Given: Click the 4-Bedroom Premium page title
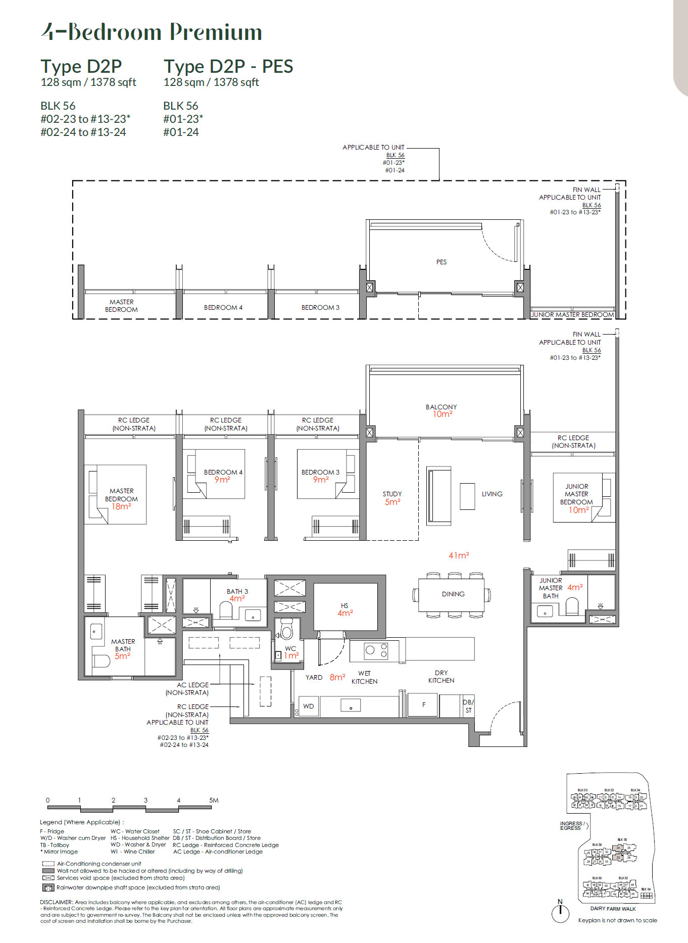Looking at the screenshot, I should (x=152, y=32).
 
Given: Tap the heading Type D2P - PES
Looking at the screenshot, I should (x=228, y=66).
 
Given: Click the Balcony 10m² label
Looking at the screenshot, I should (x=441, y=410).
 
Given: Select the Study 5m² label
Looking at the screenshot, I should (x=392, y=498).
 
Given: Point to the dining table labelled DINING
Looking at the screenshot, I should (x=453, y=594).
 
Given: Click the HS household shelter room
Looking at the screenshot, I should (x=345, y=609).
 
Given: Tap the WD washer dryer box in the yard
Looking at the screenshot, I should (x=309, y=706).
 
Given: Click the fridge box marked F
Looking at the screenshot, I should (x=423, y=704).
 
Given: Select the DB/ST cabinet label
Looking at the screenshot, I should (x=468, y=706).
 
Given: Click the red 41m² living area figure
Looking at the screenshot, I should (x=459, y=555).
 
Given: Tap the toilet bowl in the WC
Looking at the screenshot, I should (x=286, y=631).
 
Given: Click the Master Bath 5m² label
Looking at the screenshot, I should (x=123, y=649).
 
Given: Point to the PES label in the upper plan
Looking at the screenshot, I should (x=441, y=262).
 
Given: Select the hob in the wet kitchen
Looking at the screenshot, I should (x=376, y=650).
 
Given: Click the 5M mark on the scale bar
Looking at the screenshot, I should (x=214, y=800).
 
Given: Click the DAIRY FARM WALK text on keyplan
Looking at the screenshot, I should (x=613, y=909).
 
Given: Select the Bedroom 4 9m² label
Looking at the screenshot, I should (x=223, y=476).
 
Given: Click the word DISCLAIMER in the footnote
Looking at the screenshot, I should (x=56, y=902).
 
